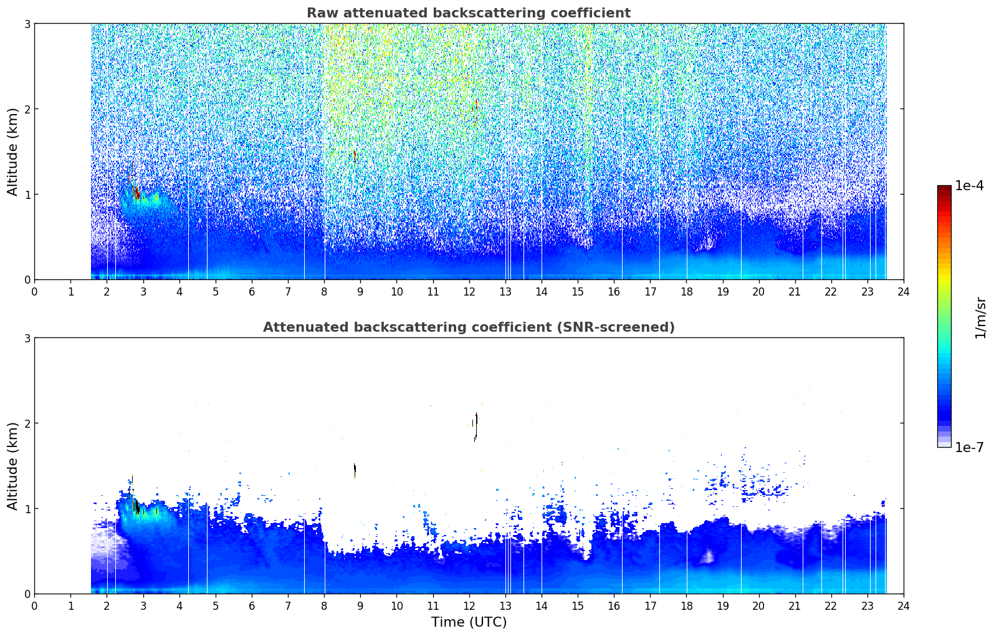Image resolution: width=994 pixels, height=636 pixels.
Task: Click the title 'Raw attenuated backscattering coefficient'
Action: pos(469,13)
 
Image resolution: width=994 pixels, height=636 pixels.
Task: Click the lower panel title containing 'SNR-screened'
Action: pos(469,327)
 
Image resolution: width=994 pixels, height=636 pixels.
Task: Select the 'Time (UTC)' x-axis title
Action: pos(469,622)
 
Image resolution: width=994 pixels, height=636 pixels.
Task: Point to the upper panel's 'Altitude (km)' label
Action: pos(12,152)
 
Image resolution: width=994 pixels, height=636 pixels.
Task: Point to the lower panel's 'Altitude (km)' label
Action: pos(12,466)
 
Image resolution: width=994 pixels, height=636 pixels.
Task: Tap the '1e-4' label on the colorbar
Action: pos(969,186)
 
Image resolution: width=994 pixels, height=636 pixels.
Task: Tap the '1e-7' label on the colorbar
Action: pos(969,447)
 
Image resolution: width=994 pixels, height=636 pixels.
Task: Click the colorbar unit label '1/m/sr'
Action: pos(980,318)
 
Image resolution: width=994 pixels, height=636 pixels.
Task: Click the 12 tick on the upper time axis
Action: pos(469,292)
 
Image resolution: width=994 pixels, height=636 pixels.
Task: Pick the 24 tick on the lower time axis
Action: pos(904,606)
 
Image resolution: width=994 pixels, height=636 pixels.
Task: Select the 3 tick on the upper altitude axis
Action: pos(27,24)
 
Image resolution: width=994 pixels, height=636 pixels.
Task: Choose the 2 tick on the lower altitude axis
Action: pos(27,423)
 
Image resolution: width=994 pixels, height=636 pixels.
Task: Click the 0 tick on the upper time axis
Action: pos(35,292)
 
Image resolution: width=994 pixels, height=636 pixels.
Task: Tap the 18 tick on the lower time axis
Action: pos(687,606)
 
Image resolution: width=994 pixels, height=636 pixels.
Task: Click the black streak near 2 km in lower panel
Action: pos(475,426)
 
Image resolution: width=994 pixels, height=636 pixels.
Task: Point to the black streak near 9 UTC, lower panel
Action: pos(355,470)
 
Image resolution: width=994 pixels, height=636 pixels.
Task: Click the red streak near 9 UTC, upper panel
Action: pos(355,155)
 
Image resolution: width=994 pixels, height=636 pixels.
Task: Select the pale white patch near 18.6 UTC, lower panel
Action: pos(708,556)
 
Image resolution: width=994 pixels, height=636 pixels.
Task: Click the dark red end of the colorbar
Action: pos(944,189)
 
